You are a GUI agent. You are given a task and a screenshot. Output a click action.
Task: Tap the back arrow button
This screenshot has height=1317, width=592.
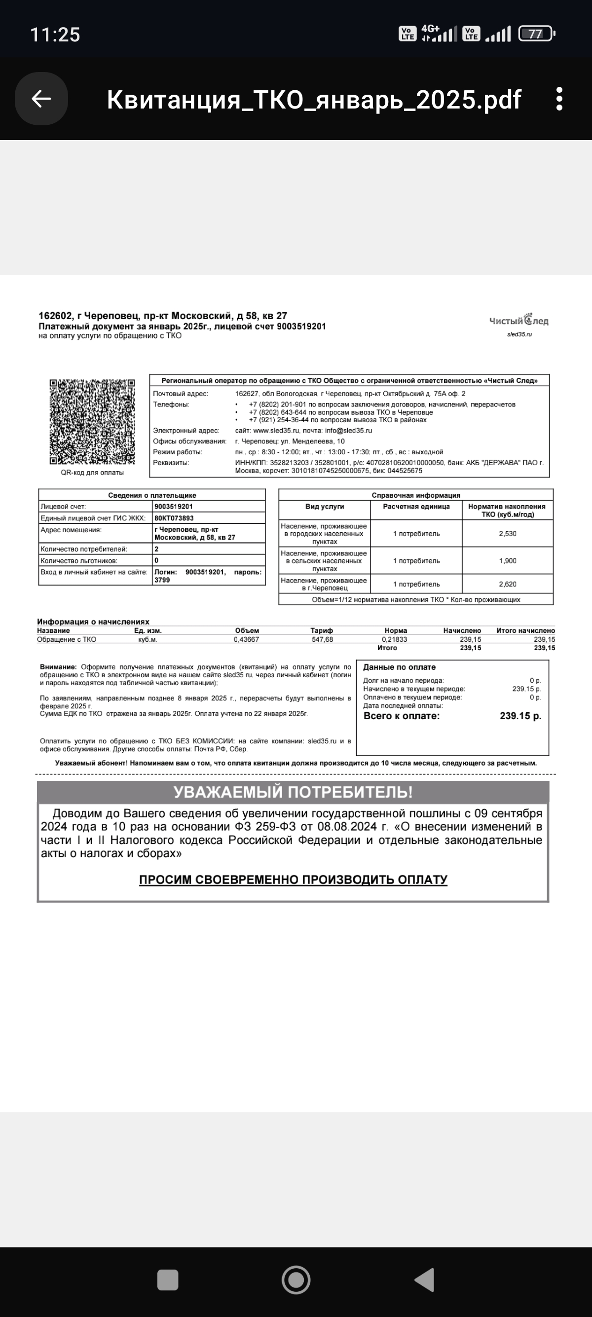(41, 99)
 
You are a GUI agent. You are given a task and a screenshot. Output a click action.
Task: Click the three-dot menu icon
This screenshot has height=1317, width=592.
(559, 99)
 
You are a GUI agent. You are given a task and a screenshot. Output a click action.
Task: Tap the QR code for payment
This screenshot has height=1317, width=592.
(92, 422)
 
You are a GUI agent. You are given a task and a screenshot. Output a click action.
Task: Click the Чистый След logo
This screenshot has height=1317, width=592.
(518, 321)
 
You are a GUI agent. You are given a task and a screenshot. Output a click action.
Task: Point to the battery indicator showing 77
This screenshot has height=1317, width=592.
(536, 34)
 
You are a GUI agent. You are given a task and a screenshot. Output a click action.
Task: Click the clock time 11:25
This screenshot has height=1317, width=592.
(55, 35)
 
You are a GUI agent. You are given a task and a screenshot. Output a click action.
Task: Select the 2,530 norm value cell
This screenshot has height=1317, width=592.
(508, 534)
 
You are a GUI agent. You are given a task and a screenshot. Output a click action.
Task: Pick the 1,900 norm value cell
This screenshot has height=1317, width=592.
(508, 561)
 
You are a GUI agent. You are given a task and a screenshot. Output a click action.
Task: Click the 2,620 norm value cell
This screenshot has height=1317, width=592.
(508, 584)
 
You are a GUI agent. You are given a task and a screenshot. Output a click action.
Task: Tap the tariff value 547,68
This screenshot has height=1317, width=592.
(322, 640)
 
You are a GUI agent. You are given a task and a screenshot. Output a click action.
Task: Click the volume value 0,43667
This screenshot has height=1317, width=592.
(246, 640)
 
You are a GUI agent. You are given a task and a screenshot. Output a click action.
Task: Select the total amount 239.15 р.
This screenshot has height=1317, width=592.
(520, 716)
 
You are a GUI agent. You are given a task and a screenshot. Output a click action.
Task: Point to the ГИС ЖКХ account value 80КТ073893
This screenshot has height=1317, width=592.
(174, 518)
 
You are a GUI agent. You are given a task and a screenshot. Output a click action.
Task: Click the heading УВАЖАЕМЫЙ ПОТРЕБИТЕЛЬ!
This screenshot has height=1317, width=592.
(293, 792)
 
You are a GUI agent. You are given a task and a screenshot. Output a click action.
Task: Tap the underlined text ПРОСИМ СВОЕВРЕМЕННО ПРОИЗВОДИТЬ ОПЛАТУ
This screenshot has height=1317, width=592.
(293, 879)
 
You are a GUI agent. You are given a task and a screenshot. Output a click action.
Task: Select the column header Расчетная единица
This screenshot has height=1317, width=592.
(416, 507)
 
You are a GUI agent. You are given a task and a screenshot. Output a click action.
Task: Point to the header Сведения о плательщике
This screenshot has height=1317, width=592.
(152, 495)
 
